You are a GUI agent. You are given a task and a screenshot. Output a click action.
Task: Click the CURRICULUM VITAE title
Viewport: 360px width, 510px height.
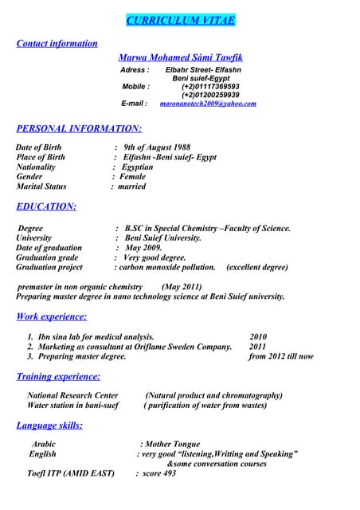click(180, 20)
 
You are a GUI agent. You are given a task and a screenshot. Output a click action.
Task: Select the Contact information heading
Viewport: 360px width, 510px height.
click(57, 44)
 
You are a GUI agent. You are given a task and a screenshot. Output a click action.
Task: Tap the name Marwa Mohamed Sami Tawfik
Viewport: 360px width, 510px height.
click(181, 58)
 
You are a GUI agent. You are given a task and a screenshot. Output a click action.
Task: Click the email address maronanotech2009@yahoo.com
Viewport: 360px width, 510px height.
click(208, 104)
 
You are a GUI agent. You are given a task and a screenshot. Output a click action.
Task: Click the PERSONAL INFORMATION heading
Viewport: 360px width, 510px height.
click(79, 127)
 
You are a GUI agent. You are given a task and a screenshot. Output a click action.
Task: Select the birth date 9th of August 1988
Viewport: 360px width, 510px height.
click(157, 147)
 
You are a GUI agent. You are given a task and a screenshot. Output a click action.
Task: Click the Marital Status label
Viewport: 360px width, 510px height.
click(41, 186)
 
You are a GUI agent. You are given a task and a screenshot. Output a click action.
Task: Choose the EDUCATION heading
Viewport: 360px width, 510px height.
click(46, 207)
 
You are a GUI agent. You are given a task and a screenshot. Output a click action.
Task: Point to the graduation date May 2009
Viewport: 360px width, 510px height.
click(143, 248)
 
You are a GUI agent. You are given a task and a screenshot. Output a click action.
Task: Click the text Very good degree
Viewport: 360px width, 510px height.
click(155, 257)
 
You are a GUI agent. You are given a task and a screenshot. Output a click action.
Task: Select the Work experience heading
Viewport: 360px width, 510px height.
click(51, 317)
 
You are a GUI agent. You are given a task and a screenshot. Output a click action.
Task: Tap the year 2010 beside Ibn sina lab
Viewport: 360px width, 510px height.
click(258, 337)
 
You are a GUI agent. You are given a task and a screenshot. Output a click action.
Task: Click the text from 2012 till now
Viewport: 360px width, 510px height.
click(281, 356)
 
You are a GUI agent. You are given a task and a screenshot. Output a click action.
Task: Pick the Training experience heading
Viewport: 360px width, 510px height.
click(58, 376)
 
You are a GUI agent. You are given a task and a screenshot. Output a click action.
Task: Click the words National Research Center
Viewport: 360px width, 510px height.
click(72, 395)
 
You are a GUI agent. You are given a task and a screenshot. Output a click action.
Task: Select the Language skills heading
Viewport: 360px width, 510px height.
click(49, 426)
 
